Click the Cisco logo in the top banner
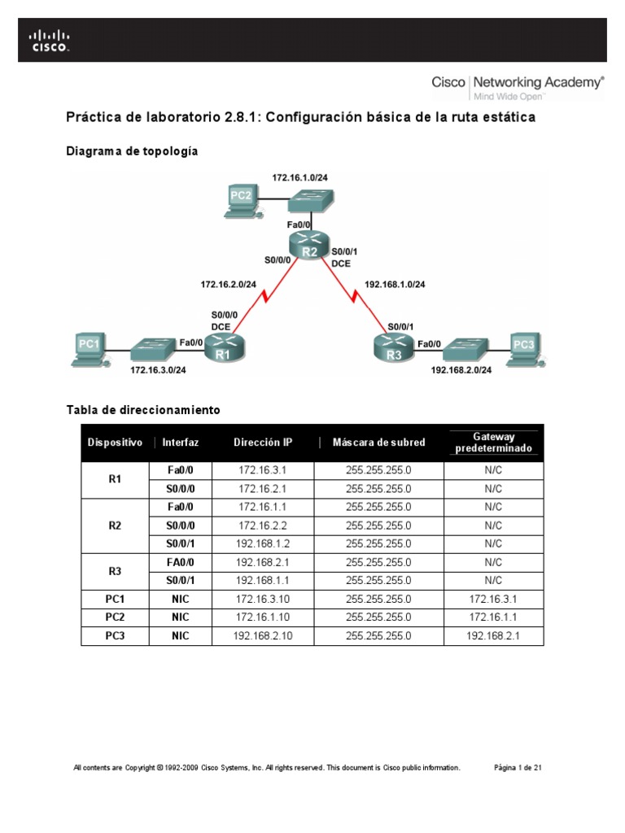pos(50,40)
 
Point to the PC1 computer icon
pos(89,348)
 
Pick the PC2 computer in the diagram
pos(242,200)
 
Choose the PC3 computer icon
pos(524,348)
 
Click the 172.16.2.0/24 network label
pos(229,284)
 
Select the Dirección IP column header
pos(263,443)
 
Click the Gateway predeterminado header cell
pos(493,443)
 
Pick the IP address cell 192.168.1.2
pos(263,543)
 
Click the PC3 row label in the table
pos(115,636)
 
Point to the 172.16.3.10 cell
pos(263,600)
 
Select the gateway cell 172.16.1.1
pos(493,617)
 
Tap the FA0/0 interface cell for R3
pos(180,562)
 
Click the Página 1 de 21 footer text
pos(518,767)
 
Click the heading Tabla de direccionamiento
pos(143,410)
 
